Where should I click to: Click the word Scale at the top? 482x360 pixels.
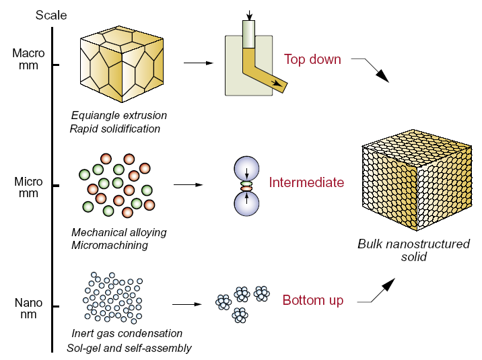click(51, 15)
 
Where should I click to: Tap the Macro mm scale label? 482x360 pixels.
click(28, 58)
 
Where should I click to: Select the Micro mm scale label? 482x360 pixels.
click(28, 188)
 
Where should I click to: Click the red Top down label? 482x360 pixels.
click(312, 59)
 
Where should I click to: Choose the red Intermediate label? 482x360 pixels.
click(306, 182)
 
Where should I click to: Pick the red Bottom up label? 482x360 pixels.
click(312, 300)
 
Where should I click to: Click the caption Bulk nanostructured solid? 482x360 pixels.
click(413, 250)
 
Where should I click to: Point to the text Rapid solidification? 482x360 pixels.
click(115, 129)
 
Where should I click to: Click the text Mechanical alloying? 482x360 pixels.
click(118, 232)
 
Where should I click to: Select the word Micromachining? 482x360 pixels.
click(110, 245)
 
